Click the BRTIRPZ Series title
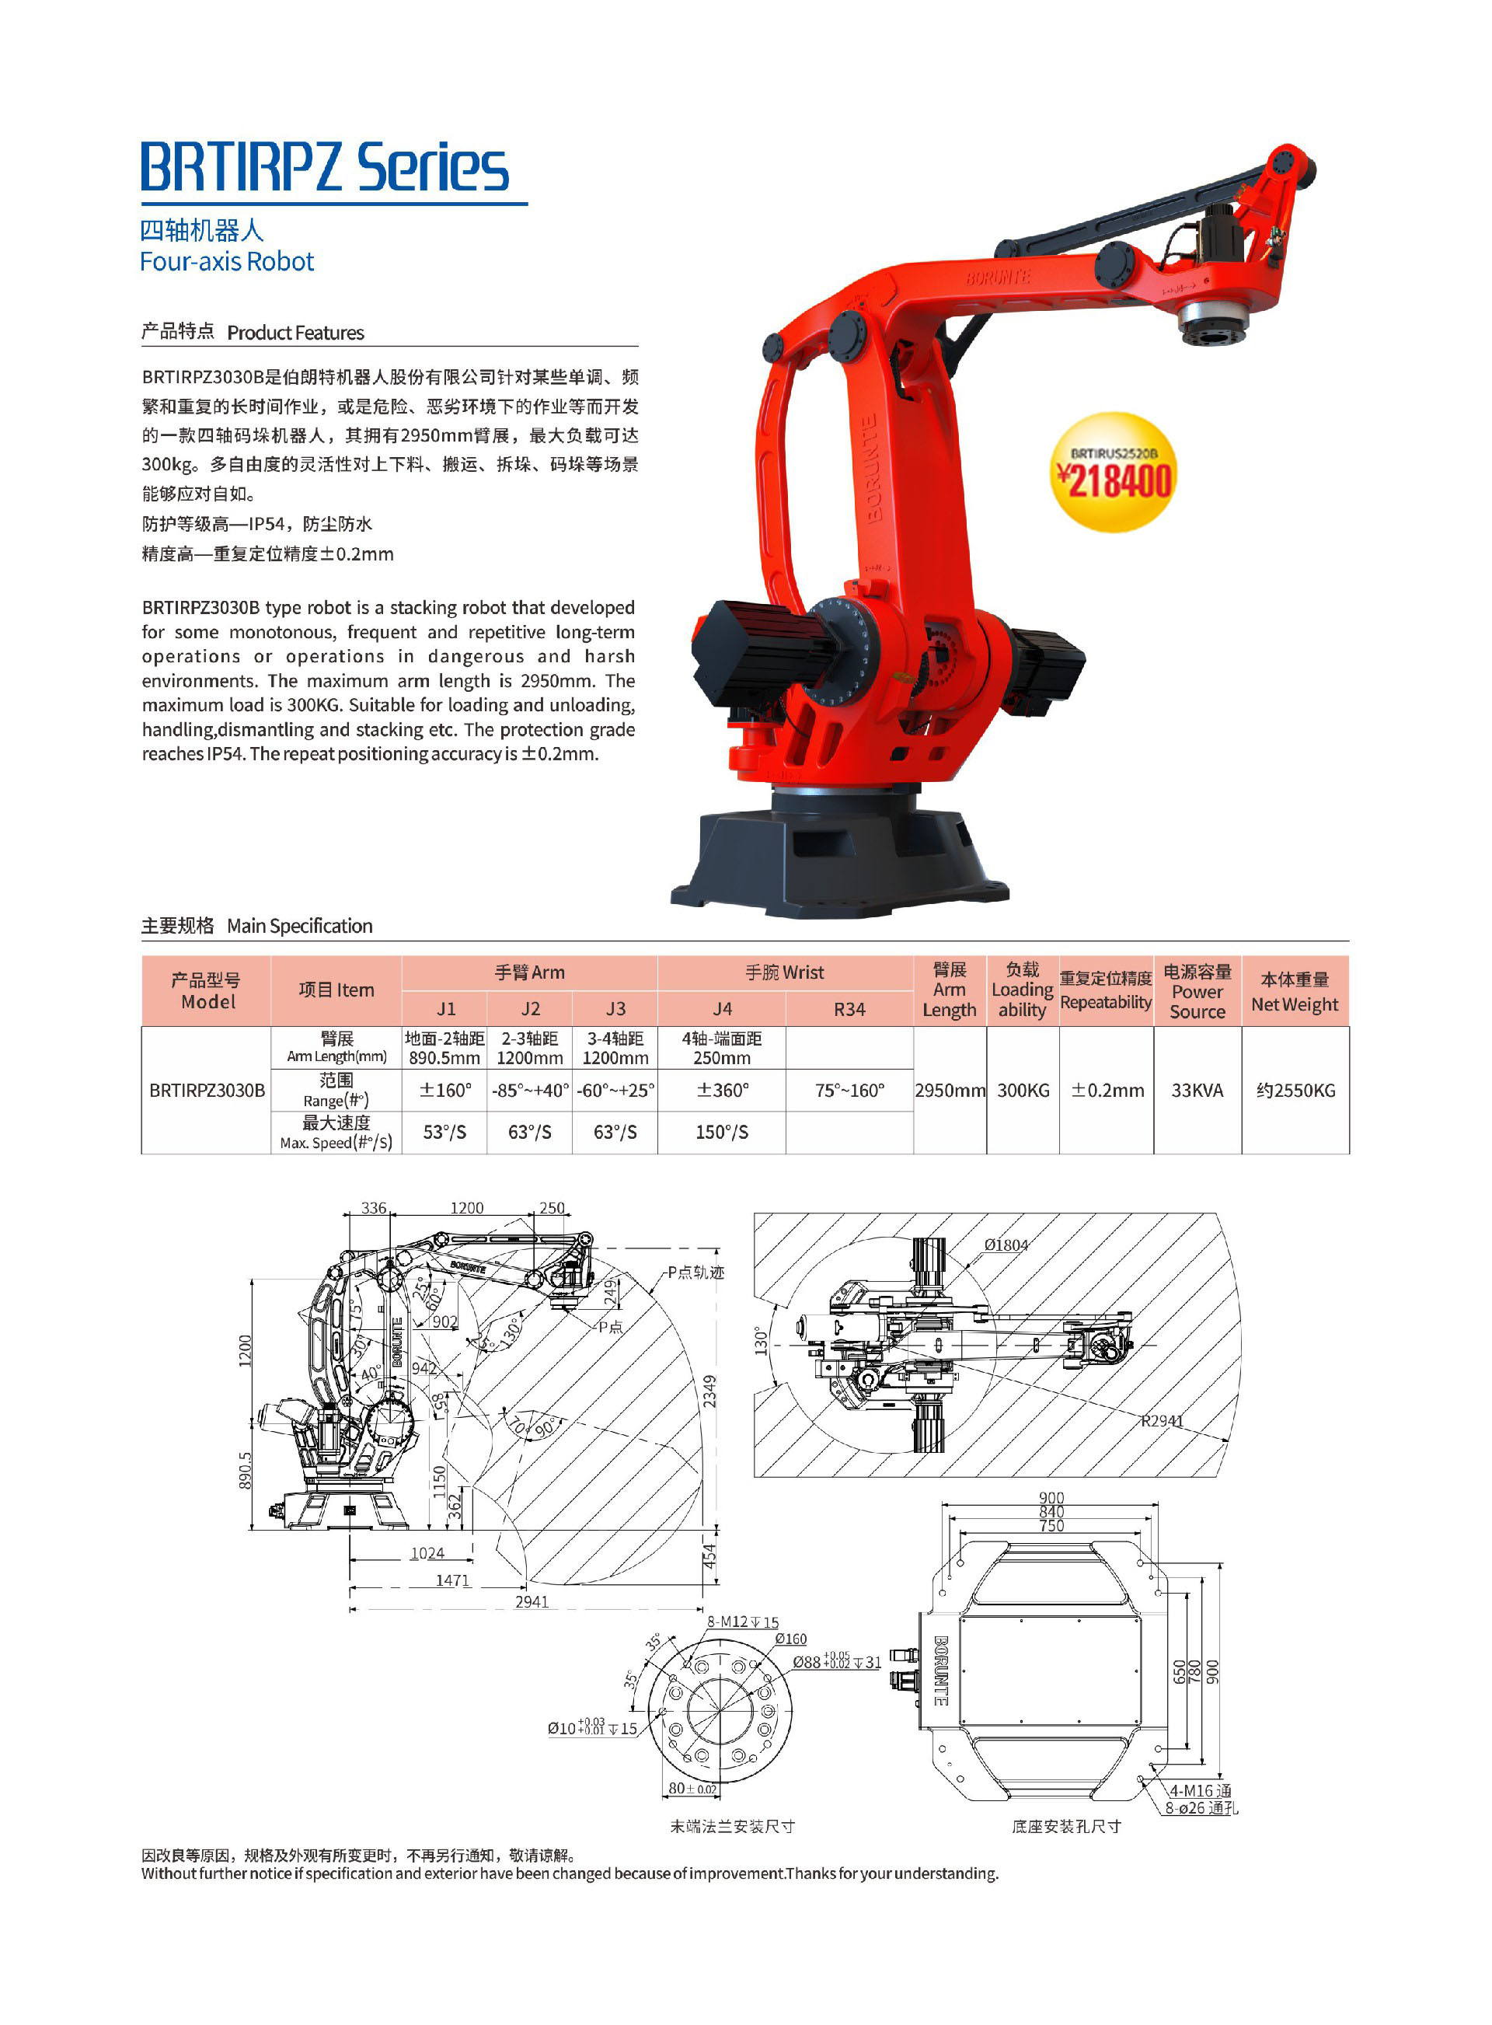coord(324,168)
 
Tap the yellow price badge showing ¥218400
coord(1114,473)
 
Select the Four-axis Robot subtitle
coord(227,262)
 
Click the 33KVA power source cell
coord(1197,1090)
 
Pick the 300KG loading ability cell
coord(1023,1090)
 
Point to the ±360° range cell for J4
coord(722,1090)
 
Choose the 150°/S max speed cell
coord(722,1132)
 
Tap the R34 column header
coord(849,1009)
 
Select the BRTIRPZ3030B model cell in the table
coord(207,1090)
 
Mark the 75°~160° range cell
coord(849,1090)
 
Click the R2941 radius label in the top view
coord(1162,1421)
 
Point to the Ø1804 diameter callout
coord(1006,1245)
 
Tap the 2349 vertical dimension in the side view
coord(710,1391)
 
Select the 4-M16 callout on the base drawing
coord(1199,1790)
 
